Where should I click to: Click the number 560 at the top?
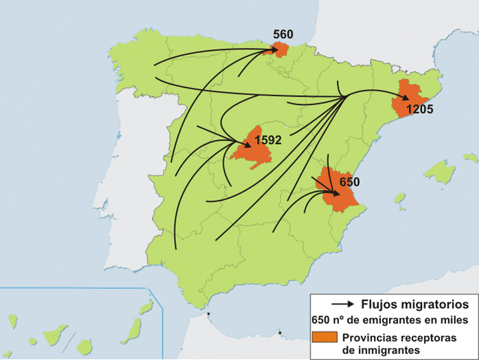[x=283, y=34]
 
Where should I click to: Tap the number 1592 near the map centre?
[x=268, y=139]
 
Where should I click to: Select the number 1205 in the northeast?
[x=420, y=109]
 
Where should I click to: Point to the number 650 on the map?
[x=349, y=181]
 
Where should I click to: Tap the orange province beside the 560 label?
[x=281, y=50]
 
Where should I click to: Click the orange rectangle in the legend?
[x=325, y=337]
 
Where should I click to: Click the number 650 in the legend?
[x=321, y=320]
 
